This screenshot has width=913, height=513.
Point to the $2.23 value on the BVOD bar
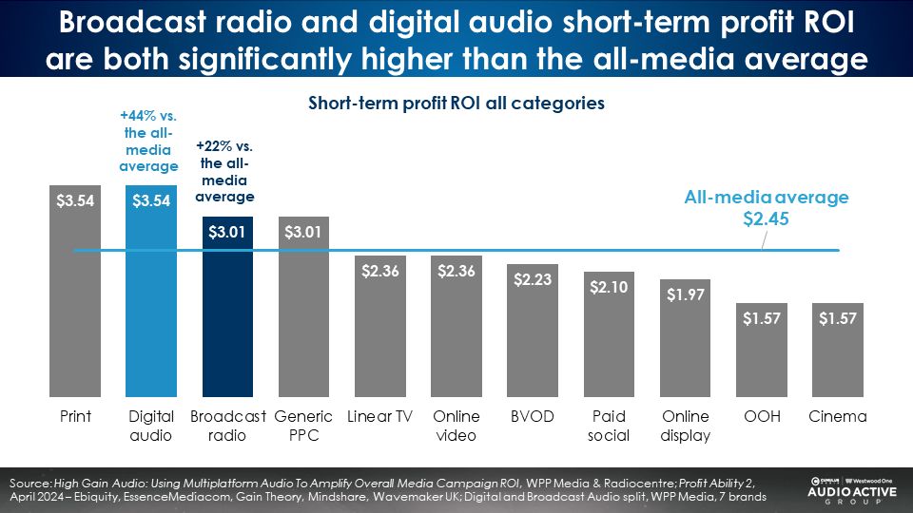tap(532, 280)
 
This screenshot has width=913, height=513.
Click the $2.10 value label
tap(608, 287)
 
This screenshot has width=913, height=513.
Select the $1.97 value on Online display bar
tap(684, 294)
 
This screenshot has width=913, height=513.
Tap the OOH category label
tap(760, 417)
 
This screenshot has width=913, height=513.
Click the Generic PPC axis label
tap(303, 426)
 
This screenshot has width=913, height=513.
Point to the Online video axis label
tap(456, 426)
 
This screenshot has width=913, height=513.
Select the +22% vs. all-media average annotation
tap(225, 172)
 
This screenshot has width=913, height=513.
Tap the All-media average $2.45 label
tap(767, 208)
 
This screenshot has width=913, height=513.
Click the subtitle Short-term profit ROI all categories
tap(456, 103)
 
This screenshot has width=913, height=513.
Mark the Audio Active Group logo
tap(849, 488)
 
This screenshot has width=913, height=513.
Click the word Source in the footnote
tap(29, 484)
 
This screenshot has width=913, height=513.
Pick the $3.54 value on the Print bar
tap(75, 201)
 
